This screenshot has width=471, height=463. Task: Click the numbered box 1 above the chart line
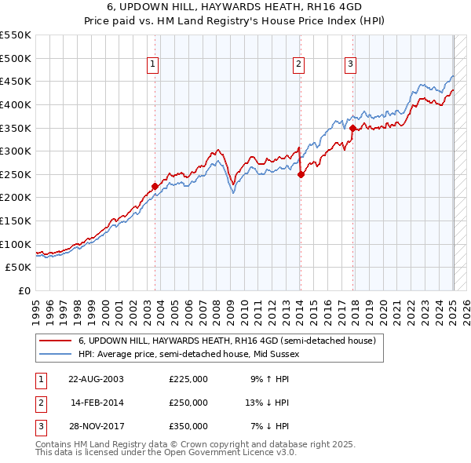[x=152, y=65]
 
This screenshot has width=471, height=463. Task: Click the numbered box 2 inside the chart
[x=299, y=65]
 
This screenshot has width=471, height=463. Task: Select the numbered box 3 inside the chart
[x=350, y=65]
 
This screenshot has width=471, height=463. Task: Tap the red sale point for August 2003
[x=155, y=186]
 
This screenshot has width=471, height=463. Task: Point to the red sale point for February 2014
[x=301, y=175]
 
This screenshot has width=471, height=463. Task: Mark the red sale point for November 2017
[x=352, y=128]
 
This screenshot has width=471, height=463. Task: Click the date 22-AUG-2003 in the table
[x=96, y=378]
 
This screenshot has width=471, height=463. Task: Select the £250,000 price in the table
[x=188, y=403]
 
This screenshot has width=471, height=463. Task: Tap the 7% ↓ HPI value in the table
[x=270, y=427]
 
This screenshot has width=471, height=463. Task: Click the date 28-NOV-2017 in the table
[x=96, y=427]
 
